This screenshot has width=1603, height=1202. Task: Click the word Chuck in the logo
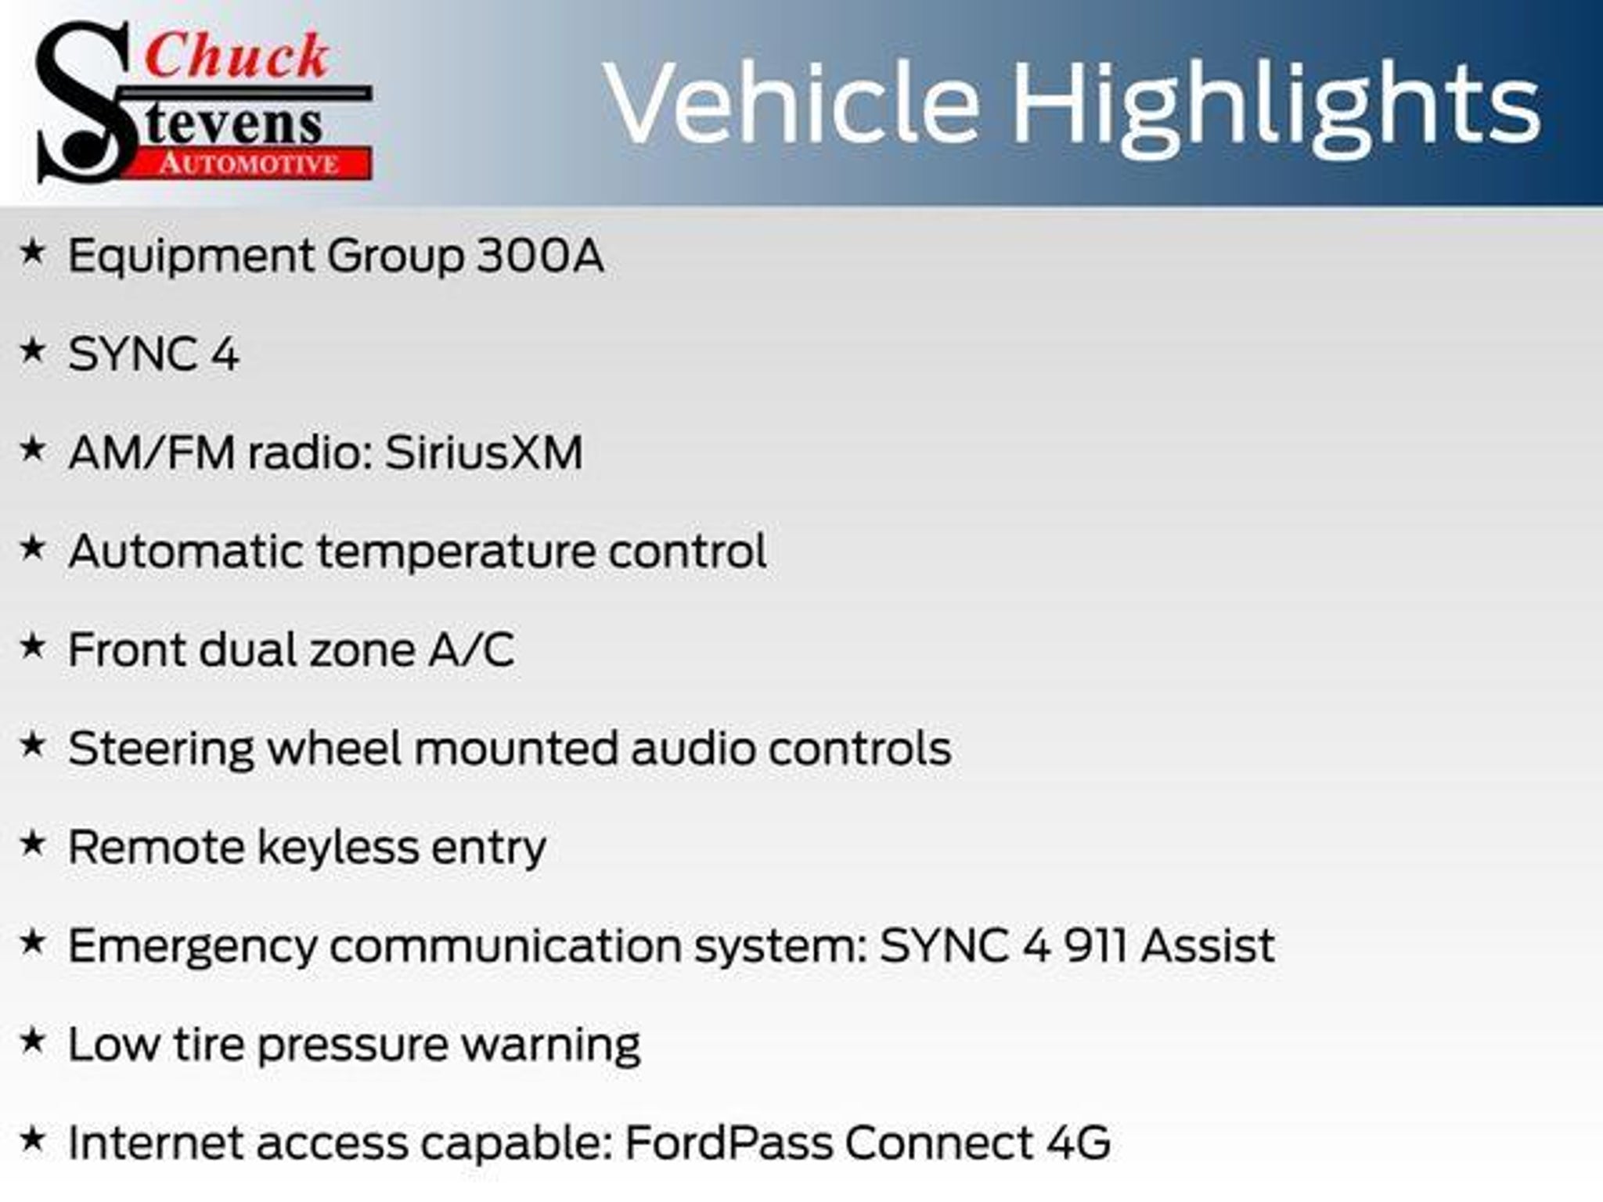click(x=236, y=56)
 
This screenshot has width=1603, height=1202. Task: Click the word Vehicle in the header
click(x=791, y=103)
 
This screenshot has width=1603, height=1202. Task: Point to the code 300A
click(x=540, y=255)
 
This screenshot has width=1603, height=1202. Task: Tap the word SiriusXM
click(x=484, y=452)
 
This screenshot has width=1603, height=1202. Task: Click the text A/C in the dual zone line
click(x=471, y=650)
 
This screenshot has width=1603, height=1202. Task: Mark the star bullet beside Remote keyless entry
click(x=32, y=843)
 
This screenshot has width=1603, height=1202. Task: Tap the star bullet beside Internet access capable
click(x=32, y=1139)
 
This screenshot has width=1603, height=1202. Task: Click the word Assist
click(x=1208, y=945)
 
